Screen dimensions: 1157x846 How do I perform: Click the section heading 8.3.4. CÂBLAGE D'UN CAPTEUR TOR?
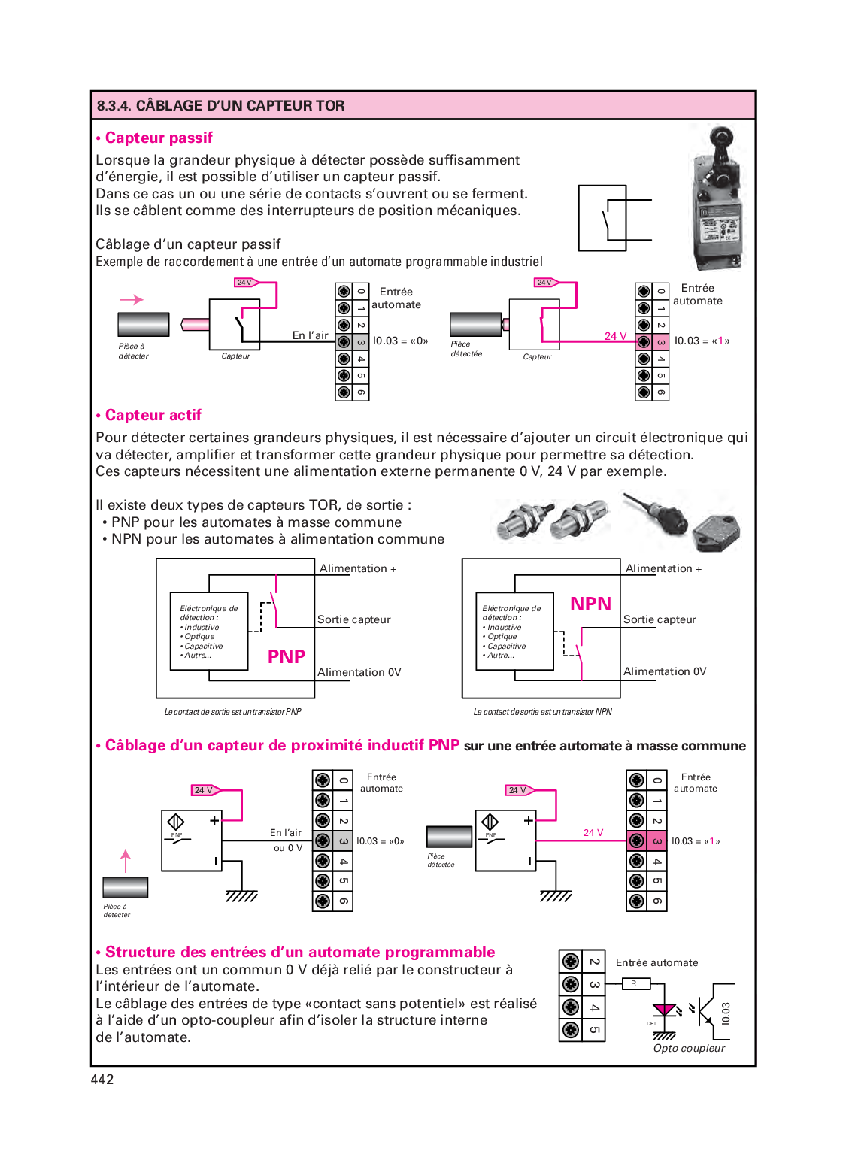pos(220,105)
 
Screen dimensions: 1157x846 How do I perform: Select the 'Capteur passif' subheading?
pos(159,138)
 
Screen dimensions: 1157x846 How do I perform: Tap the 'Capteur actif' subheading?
pos(153,415)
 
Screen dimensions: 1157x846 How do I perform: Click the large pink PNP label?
pos(287,656)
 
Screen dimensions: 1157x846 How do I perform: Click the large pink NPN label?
pos(590,604)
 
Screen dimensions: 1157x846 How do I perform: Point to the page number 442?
pos(102,1079)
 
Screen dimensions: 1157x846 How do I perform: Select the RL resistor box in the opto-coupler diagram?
pos(636,983)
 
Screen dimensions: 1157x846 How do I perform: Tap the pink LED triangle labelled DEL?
pos(664,1010)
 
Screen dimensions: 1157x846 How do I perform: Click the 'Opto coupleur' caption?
pos(689,1048)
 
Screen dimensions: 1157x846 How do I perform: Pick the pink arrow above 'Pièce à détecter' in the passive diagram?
pos(132,299)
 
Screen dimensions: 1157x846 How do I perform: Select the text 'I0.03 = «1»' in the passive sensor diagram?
pos(702,341)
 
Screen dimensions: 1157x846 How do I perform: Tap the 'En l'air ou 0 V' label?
pos(287,840)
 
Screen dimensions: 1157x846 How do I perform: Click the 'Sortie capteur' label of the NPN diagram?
pos(660,619)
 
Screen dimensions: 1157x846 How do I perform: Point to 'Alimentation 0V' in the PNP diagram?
pos(359,672)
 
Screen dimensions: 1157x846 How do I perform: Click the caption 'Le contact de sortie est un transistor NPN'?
pos(542,712)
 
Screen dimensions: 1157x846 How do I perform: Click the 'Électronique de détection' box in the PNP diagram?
pos(209,632)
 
